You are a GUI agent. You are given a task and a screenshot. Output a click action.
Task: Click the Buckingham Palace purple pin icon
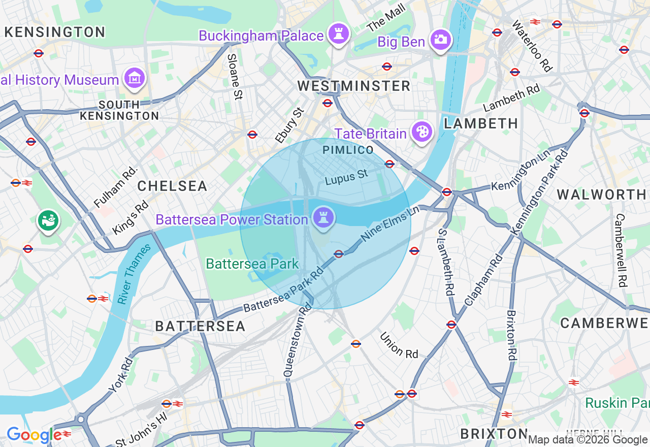pos(337,34)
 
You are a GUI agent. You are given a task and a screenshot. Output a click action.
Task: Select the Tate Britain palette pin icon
pos(421,132)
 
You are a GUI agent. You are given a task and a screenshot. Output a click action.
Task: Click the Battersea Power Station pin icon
pos(323,218)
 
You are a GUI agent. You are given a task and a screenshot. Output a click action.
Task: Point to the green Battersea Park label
pos(252,264)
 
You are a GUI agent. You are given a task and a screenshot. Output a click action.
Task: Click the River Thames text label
pos(134,274)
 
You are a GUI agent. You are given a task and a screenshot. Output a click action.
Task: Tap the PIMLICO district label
pos(348,150)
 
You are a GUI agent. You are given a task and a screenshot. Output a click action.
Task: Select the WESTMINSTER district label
pos(354,86)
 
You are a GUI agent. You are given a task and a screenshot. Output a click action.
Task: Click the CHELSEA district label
pos(172,186)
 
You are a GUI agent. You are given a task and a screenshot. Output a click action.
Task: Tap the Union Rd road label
pos(399,345)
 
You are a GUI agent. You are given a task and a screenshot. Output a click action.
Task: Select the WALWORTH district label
pos(601,195)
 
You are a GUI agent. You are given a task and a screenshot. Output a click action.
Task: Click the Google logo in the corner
pos(34,435)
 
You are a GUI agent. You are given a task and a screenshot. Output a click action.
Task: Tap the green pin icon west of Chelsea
pos(49,220)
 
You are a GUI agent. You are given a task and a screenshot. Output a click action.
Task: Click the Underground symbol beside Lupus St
pos(389,164)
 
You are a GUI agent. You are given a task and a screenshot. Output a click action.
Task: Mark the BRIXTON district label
pos(494,434)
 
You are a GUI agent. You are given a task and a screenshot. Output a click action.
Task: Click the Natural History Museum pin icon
pos(135,79)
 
